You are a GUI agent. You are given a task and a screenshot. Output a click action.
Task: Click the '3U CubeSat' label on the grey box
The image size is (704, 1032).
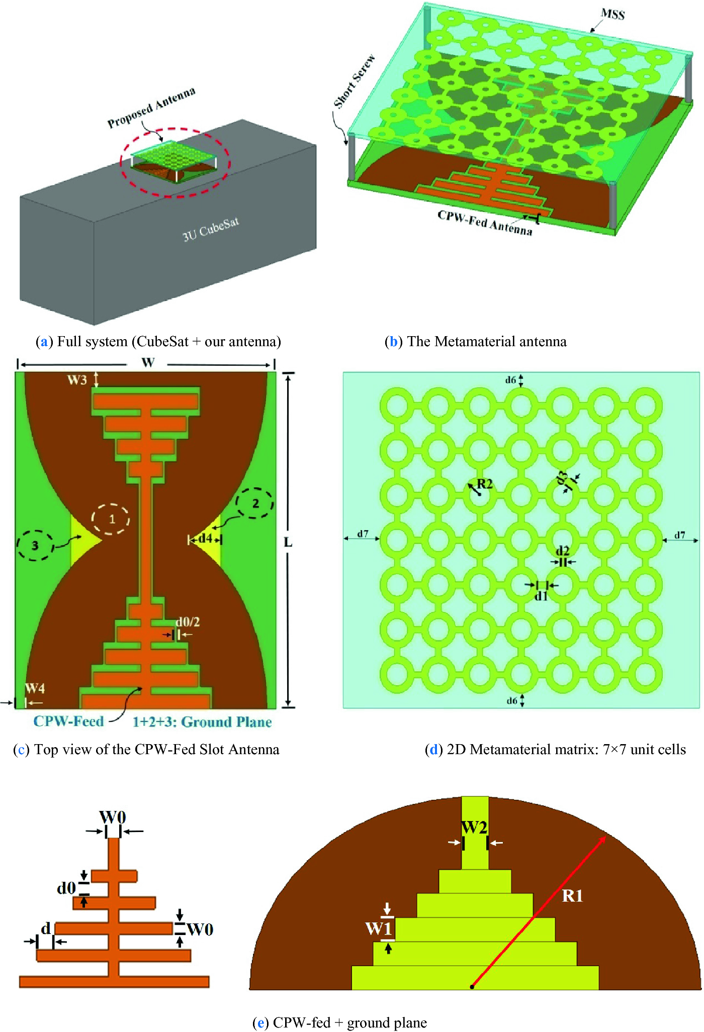pyautogui.click(x=211, y=229)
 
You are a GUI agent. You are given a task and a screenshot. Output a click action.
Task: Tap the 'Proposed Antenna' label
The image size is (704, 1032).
pyautogui.click(x=151, y=108)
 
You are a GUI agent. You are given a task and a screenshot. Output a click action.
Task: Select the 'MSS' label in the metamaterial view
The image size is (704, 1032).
pyautogui.click(x=612, y=14)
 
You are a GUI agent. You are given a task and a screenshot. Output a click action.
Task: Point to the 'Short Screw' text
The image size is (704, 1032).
pyautogui.click(x=355, y=81)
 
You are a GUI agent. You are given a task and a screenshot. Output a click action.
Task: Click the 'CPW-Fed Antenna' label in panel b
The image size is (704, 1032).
pyautogui.click(x=485, y=223)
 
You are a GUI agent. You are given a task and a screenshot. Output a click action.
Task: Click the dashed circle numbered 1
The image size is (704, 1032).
pyautogui.click(x=111, y=519)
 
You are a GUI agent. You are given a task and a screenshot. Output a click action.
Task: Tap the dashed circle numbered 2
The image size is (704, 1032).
pyautogui.click(x=255, y=503)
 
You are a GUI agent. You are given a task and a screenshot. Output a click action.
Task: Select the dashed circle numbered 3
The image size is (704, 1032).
pyautogui.click(x=35, y=545)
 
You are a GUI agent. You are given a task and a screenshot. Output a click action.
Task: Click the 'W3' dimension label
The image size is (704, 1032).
pyautogui.click(x=77, y=380)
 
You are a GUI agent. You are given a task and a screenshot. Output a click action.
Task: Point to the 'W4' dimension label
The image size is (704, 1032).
pyautogui.click(x=35, y=688)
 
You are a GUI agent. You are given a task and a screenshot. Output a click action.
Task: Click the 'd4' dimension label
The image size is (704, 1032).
pyautogui.click(x=205, y=539)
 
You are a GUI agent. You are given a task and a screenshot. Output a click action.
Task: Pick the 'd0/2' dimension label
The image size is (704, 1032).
pyautogui.click(x=188, y=622)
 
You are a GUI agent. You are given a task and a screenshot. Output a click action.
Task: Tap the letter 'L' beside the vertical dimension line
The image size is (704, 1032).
pyautogui.click(x=288, y=542)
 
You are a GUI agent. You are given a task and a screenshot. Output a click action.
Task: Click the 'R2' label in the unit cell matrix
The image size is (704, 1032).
pyautogui.click(x=485, y=484)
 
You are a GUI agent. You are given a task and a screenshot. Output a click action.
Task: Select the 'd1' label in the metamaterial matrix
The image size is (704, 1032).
pyautogui.click(x=541, y=596)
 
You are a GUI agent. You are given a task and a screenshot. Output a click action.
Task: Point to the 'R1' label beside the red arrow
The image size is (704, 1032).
pyautogui.click(x=572, y=896)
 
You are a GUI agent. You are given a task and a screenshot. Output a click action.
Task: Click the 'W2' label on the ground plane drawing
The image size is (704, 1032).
pyautogui.click(x=474, y=827)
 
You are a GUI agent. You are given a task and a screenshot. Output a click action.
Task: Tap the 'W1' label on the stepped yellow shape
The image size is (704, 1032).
pyautogui.click(x=378, y=928)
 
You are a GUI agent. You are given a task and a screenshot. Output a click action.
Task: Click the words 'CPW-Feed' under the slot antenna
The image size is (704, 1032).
pyautogui.click(x=68, y=721)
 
